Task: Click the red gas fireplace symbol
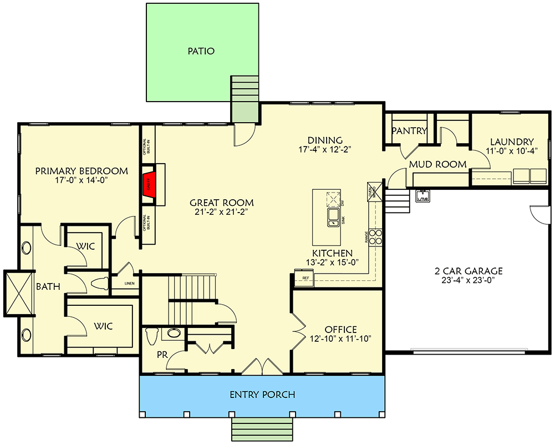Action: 149,184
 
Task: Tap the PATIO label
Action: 201,51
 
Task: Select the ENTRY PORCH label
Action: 262,395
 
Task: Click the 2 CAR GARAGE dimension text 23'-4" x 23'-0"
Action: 468,280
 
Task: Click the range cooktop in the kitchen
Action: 376,237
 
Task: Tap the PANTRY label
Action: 409,131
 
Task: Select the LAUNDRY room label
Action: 512,142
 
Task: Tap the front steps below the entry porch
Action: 263,430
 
